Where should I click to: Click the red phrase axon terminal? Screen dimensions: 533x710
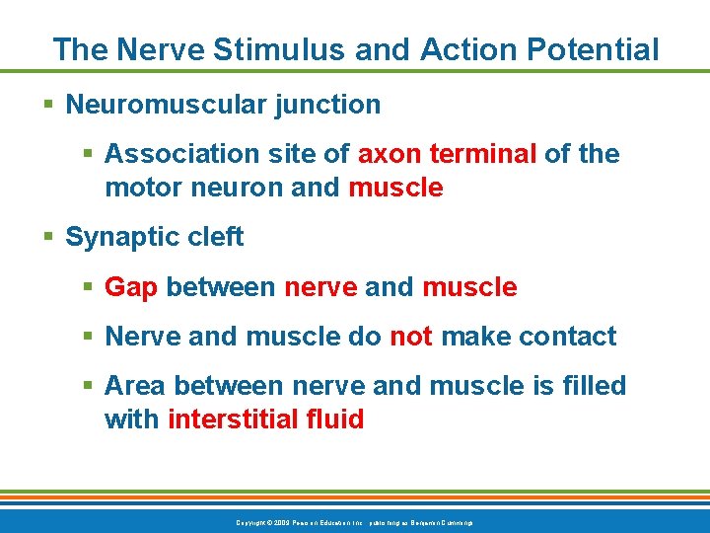pos(448,154)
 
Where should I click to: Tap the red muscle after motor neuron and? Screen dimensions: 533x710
pos(396,188)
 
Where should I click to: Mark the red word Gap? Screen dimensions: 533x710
pos(131,287)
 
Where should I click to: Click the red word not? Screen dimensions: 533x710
pos(411,337)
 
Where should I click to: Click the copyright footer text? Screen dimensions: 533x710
pos(354,521)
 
